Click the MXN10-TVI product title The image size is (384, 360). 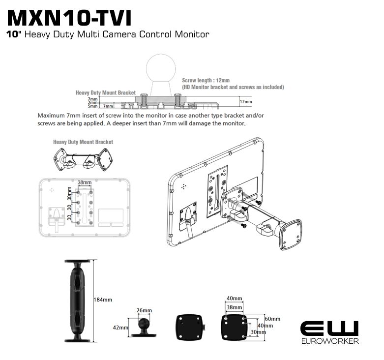(69, 18)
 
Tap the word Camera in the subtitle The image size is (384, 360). (119, 34)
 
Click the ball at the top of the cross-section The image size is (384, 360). (161, 68)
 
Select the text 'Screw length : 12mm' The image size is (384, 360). (206, 80)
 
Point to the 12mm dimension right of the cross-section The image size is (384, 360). (246, 102)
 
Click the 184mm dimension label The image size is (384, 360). (103, 300)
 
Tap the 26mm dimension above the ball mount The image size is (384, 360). (144, 310)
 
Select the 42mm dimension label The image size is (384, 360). (120, 328)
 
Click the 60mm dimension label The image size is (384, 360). (272, 319)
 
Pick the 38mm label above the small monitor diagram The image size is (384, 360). (85, 182)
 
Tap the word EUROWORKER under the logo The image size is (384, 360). (330, 341)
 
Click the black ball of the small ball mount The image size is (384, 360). (144, 324)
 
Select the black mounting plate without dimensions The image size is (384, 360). (190, 328)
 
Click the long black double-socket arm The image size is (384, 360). (78, 300)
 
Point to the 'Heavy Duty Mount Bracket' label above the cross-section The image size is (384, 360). (106, 92)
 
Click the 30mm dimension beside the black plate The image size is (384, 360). (258, 332)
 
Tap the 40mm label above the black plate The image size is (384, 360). (235, 299)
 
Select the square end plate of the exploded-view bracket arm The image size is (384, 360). (291, 235)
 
